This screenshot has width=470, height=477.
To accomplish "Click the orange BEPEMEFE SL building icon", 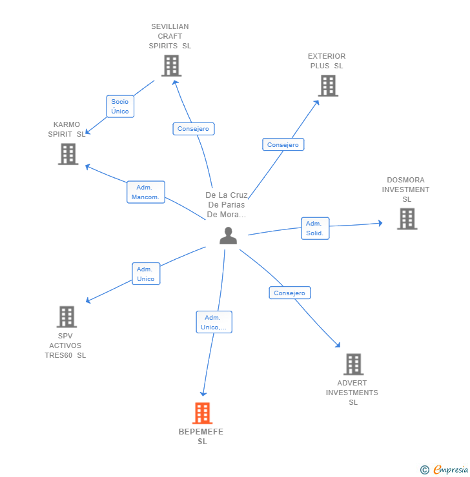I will tap(202, 413).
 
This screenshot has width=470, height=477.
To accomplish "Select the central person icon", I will tap(228, 236).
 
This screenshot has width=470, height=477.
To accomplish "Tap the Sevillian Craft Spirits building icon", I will tap(171, 66).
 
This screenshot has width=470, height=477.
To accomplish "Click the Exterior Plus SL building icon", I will tap(328, 86).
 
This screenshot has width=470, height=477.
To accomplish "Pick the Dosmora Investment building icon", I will tap(407, 219).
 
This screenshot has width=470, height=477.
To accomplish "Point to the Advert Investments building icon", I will tap(352, 365).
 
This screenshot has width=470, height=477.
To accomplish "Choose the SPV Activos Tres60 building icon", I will tap(66, 317).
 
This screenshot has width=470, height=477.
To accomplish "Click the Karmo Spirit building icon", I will tap(68, 154).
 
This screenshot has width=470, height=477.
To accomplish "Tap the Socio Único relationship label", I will tap(119, 106).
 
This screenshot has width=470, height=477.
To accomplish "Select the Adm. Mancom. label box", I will tap(145, 192).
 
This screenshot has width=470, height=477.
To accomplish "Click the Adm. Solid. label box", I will tap(314, 228).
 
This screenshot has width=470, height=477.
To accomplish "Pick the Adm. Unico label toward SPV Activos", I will tap(145, 274).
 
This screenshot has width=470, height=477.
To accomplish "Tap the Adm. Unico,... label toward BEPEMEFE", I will tap(214, 322).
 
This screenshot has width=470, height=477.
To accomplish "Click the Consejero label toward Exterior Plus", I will tap(283, 145).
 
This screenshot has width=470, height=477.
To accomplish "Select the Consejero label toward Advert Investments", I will tap(289, 293).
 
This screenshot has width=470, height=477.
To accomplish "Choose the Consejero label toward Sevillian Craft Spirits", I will tap(193, 129).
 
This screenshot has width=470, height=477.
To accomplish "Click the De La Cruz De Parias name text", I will tap(227, 205).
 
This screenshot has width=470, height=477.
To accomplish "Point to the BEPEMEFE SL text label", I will tap(201, 436).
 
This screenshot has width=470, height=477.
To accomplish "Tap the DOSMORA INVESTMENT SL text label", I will tap(405, 190).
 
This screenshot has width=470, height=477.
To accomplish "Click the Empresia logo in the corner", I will tap(444, 470).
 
